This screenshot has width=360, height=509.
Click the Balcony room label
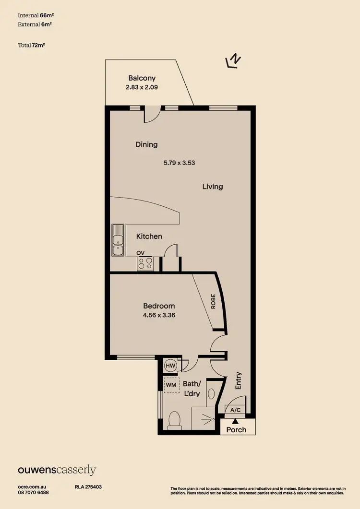142,78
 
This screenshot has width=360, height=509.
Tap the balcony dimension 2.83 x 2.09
142,87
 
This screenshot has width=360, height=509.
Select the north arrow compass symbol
233,61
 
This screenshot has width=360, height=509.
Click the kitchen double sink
118,240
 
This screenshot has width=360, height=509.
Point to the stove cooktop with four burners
145,263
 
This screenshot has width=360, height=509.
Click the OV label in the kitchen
141,253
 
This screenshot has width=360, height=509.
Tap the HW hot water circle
170,366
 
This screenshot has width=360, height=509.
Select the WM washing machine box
171,385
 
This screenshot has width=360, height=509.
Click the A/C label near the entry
236,410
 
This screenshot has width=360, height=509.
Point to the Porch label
236,429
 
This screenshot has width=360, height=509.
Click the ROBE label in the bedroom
213,301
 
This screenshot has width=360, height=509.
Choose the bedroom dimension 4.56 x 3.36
159,316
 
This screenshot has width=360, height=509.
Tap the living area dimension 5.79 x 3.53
179,163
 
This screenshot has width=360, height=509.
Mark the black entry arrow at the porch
235,420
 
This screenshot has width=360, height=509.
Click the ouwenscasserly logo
57,470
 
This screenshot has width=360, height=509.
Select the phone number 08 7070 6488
33,492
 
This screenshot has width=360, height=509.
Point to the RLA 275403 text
88,486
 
